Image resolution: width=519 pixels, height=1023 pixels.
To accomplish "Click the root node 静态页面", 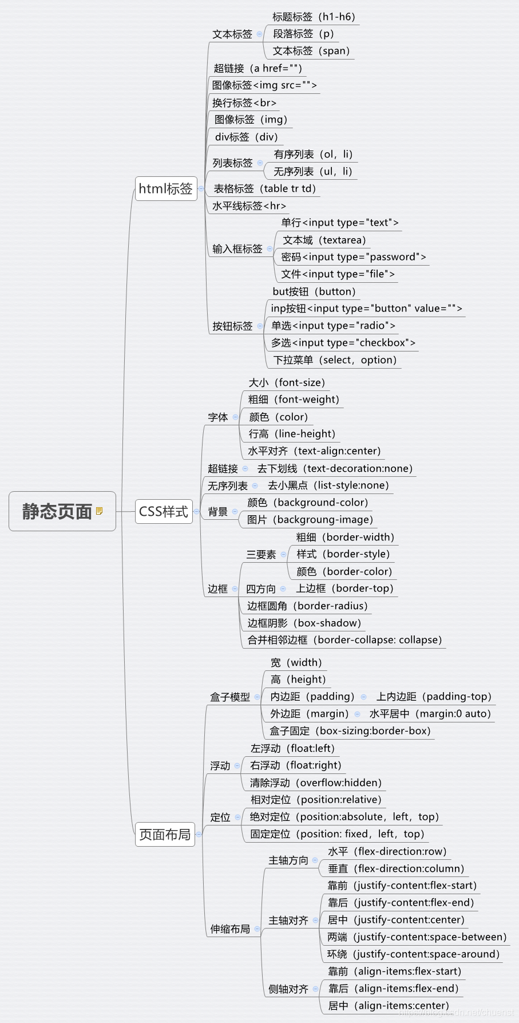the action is point(57,511).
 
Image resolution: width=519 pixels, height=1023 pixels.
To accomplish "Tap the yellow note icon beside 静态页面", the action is point(99,511).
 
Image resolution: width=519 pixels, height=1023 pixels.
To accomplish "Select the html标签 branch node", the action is point(165,188).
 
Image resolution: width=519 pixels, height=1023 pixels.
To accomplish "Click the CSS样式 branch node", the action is point(163,511).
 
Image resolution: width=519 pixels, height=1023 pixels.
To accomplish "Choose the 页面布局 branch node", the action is point(165,835).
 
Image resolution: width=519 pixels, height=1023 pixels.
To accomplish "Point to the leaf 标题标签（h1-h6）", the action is point(314,17).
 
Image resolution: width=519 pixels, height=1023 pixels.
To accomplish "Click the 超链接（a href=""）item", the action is point(257,69).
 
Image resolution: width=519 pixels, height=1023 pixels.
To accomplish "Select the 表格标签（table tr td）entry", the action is point(264,188).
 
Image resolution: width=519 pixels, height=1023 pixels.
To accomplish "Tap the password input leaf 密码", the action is point(353,257).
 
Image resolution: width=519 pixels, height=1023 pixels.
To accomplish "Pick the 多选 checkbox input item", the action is point(343,343).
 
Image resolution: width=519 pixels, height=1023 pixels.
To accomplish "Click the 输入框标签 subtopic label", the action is point(237,249).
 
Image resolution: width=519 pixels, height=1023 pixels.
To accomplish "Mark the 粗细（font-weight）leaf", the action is point(294,400).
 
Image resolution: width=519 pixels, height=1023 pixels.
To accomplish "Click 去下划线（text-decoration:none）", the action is point(335,469).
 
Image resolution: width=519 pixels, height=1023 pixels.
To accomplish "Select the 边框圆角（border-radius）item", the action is point(307,606).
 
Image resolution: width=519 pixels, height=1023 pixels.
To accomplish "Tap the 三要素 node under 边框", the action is point(261,555).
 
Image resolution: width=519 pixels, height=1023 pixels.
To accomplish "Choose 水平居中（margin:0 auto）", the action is point(430,714).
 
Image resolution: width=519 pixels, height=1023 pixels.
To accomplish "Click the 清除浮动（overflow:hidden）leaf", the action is point(315,783).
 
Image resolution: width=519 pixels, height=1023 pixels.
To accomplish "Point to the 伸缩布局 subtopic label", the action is point(230,929).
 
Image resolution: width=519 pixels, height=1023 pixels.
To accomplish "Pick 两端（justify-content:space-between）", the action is point(417,937).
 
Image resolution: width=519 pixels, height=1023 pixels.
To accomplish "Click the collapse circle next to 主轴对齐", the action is point(315,921).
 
